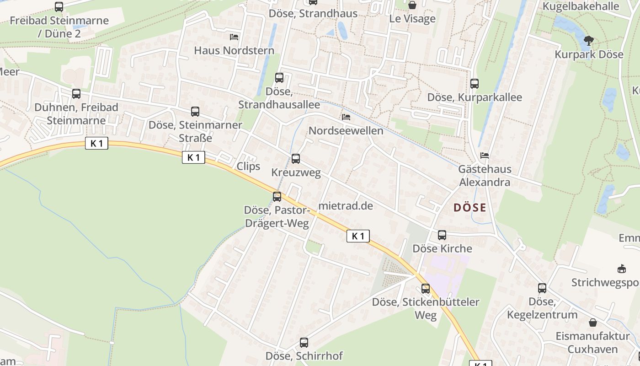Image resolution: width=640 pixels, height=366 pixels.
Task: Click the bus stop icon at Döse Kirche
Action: point(442,235)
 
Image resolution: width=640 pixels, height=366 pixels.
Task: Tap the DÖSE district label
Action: point(469,208)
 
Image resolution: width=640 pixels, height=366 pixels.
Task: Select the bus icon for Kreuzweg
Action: point(296,159)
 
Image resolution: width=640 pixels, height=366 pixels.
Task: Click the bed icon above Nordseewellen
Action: point(346,117)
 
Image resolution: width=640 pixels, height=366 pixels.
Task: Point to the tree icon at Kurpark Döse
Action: point(589,41)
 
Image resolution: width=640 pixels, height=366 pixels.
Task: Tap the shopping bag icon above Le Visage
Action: point(412,5)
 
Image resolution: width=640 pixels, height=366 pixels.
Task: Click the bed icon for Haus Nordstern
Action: point(234,37)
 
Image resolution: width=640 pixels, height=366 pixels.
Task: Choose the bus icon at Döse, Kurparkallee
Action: point(475,84)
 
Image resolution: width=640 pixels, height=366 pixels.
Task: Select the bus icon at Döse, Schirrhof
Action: point(304,342)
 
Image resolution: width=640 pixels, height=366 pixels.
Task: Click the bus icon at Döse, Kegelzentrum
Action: point(542,288)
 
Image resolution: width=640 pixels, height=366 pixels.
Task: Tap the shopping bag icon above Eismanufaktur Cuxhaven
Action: point(593,323)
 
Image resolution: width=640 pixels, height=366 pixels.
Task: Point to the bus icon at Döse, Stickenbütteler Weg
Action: point(426,289)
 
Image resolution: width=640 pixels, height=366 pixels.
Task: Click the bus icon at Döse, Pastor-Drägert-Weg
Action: point(277,197)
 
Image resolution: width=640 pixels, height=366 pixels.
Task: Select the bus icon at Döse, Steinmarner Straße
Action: point(195,112)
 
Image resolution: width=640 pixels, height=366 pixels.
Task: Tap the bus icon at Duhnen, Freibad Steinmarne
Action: point(76,94)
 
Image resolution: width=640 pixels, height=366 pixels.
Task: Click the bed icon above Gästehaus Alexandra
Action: point(485,156)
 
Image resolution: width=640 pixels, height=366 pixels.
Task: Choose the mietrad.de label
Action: point(346,206)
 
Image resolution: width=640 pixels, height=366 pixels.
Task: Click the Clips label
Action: point(248,166)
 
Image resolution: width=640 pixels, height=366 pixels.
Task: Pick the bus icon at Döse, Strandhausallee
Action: point(279,78)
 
